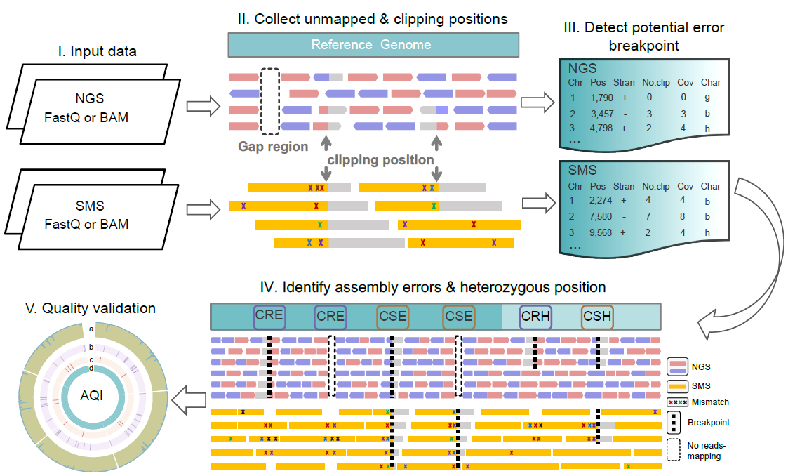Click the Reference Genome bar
point(373,45)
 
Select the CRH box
point(535,316)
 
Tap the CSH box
point(597,316)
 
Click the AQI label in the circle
point(91,395)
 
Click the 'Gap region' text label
point(273,147)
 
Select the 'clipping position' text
point(380,159)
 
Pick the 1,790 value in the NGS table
point(602,98)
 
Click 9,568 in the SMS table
point(602,234)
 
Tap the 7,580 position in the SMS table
point(602,217)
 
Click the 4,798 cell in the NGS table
point(602,128)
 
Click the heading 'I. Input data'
point(98,51)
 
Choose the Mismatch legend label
point(710,402)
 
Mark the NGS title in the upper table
point(582,69)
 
